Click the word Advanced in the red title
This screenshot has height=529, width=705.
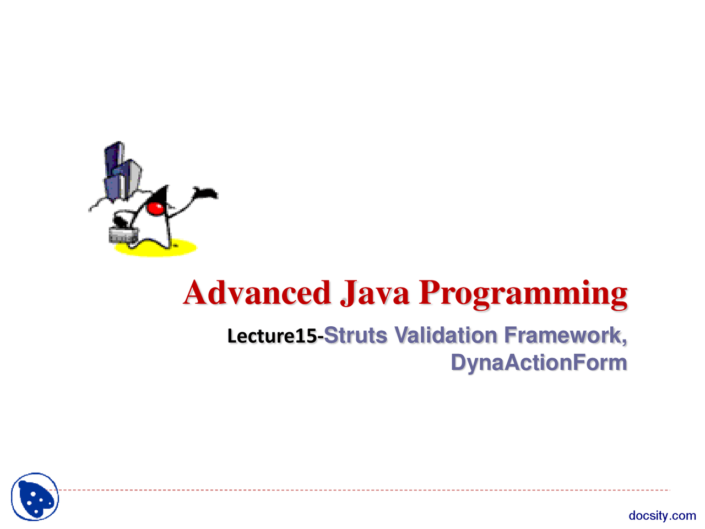(257, 293)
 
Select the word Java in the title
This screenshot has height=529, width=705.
(375, 293)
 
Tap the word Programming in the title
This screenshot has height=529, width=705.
(523, 294)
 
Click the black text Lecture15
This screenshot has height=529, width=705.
(273, 336)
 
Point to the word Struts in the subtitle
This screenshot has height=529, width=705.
(355, 335)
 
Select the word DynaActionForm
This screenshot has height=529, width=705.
(538, 363)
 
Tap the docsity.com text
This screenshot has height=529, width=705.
(662, 516)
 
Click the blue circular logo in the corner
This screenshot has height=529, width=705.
(35, 496)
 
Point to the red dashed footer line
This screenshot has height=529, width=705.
(364, 490)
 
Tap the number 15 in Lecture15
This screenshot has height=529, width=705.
(306, 336)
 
